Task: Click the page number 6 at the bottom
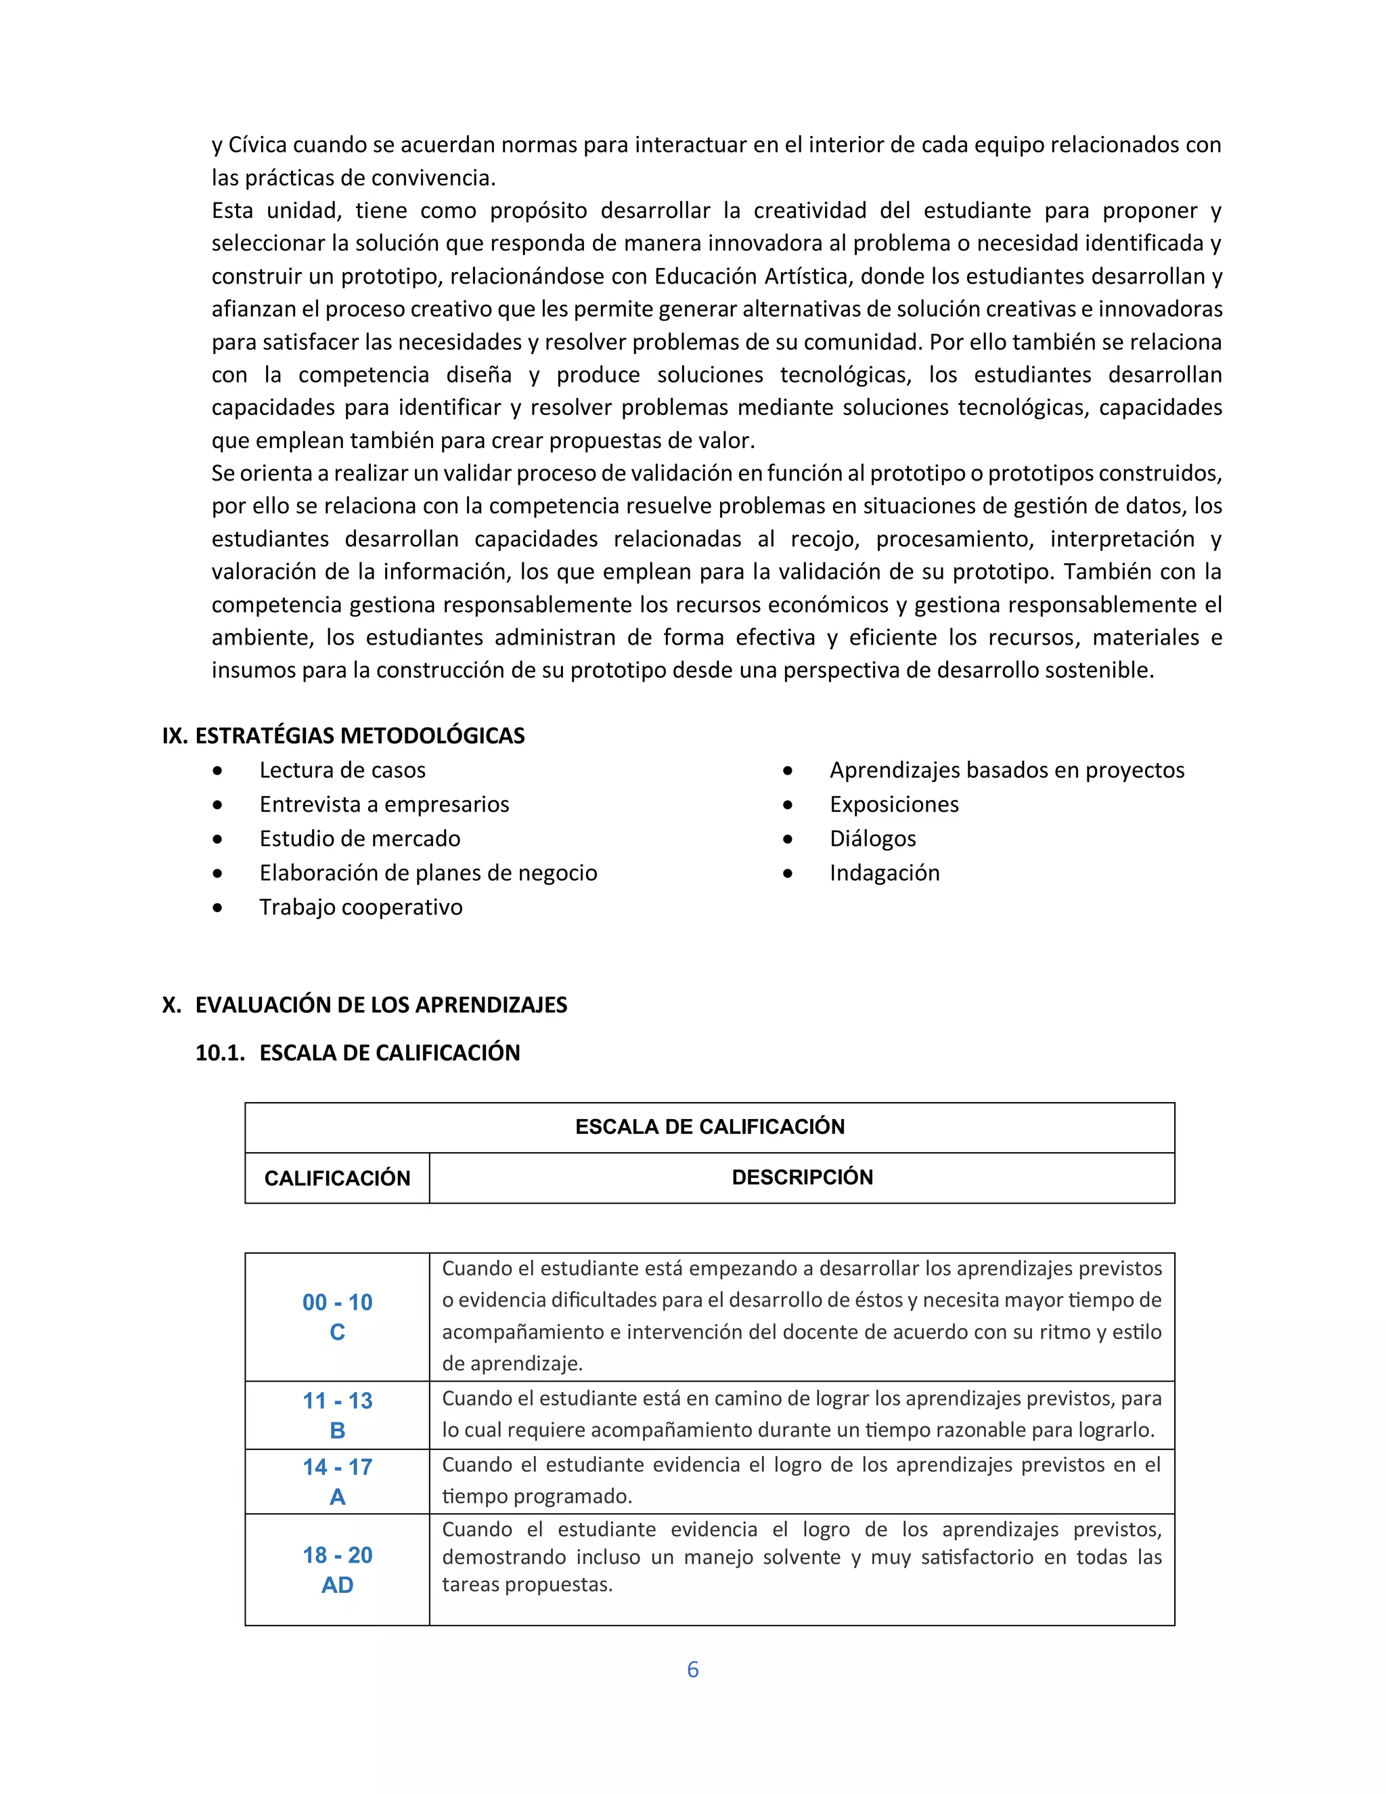coord(692,1669)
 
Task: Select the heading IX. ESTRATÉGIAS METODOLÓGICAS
coord(343,735)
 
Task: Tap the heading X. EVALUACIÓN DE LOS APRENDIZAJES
coord(365,1005)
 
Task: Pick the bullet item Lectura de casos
coord(342,770)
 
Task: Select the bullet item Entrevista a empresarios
coord(384,804)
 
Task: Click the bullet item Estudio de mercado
coord(359,839)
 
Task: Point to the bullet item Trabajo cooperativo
coord(361,907)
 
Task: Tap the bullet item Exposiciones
coord(894,804)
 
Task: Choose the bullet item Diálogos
coord(873,839)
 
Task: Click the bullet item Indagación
coord(885,873)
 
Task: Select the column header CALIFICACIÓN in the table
coord(336,1178)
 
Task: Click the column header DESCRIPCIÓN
coord(802,1177)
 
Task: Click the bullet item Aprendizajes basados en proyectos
coord(1006,770)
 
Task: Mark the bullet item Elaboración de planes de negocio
coord(428,873)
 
